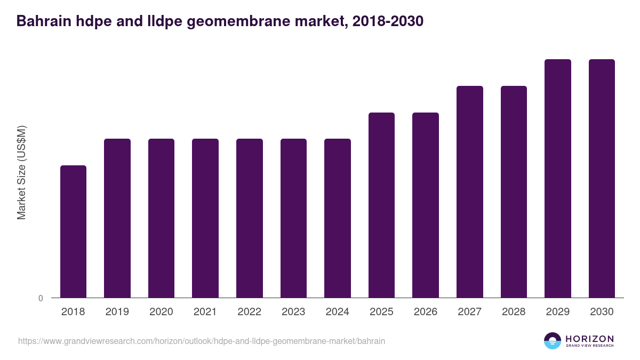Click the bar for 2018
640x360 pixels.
73,231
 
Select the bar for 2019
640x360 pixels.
117,218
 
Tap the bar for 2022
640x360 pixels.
250,218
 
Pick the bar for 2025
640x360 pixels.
381,205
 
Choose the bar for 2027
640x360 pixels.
470,191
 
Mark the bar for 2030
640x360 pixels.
602,178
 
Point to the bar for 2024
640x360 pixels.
338,218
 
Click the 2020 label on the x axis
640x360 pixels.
161,312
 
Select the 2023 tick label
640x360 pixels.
293,312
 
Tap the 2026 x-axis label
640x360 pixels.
426,312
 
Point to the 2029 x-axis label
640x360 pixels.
557,312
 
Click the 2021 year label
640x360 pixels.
205,312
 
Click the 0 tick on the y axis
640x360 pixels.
41,298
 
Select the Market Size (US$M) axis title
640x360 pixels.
21,172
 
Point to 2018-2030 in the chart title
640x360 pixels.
388,21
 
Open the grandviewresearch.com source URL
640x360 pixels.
202,341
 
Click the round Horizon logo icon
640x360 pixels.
553,341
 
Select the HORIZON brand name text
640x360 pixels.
589,339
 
